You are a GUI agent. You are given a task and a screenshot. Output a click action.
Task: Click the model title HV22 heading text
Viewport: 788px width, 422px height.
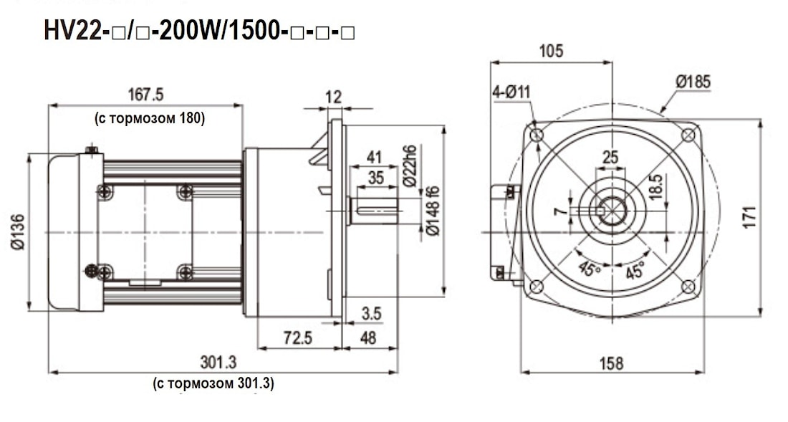coord(201,32)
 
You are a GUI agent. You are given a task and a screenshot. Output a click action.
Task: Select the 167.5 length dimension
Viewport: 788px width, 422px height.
coord(146,95)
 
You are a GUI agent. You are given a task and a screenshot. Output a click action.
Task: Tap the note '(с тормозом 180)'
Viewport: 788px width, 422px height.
coord(150,119)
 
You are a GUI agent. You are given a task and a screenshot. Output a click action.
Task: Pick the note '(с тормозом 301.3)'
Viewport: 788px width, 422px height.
coord(213,383)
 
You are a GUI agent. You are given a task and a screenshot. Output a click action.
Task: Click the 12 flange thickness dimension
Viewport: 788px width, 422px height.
coord(333,97)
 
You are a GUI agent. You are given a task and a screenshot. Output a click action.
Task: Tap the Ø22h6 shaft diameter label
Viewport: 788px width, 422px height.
coord(410,166)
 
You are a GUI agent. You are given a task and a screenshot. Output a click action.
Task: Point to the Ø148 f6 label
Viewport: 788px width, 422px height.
coord(432,211)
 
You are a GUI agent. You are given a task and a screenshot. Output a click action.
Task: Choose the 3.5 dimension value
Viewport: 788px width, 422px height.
coord(371,315)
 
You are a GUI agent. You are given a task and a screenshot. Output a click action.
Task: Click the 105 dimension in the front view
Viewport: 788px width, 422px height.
coord(551,51)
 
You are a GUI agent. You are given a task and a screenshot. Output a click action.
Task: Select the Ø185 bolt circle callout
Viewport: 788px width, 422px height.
coord(693,82)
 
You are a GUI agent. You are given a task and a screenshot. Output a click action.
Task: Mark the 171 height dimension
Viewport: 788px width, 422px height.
coord(749,216)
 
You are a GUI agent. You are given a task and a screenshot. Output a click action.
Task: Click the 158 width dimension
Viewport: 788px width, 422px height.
coord(611,363)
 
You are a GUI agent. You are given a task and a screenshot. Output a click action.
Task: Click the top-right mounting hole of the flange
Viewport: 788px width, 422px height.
coord(688,135)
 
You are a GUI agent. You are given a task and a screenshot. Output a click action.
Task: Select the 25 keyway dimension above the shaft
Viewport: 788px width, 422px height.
coord(610,156)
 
